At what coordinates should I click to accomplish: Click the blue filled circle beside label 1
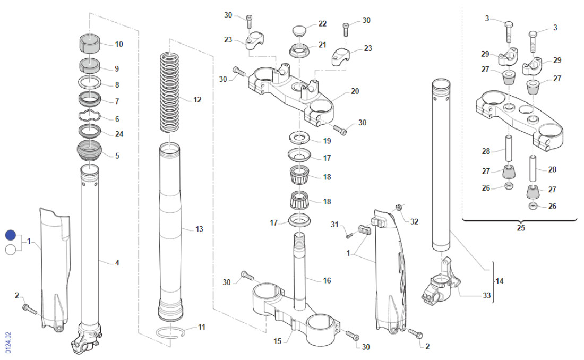point(11,235)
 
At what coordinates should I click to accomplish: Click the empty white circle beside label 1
point(11,250)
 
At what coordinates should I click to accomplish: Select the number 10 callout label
point(119,44)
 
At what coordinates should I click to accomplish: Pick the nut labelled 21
point(300,52)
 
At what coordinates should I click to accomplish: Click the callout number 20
point(355,91)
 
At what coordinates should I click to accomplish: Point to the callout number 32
point(414,221)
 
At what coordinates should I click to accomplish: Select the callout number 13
point(199,229)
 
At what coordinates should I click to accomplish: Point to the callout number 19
point(327,141)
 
